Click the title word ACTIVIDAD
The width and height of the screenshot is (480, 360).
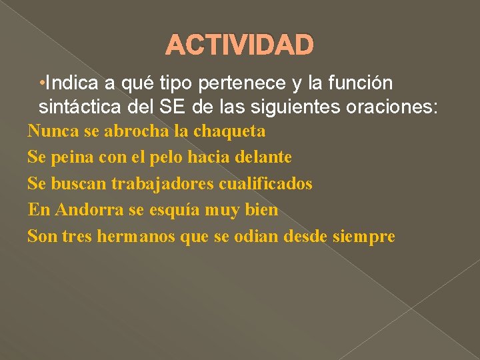pos(239,45)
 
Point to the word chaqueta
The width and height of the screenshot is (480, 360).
pos(229,132)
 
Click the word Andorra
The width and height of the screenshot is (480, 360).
pos(90,210)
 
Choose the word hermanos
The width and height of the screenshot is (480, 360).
pos(136,236)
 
